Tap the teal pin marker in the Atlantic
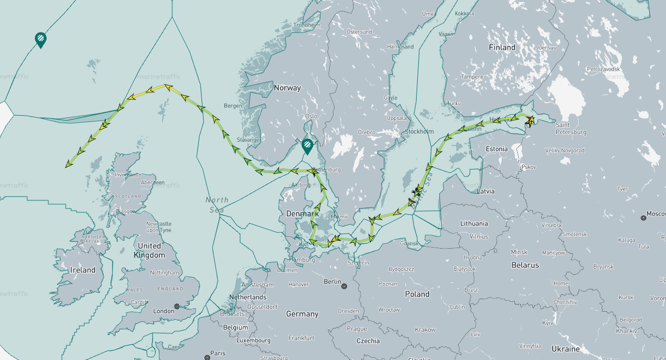[40, 39]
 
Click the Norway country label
[287, 87]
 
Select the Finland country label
[501, 47]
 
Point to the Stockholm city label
[418, 131]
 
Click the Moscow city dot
[643, 217]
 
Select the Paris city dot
[207, 357]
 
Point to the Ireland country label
[82, 270]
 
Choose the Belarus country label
[525, 265]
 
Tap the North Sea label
[217, 205]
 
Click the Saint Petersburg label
[570, 128]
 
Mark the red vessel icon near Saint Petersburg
[530, 119]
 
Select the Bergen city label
[233, 105]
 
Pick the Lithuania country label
[474, 223]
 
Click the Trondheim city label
[307, 25]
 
